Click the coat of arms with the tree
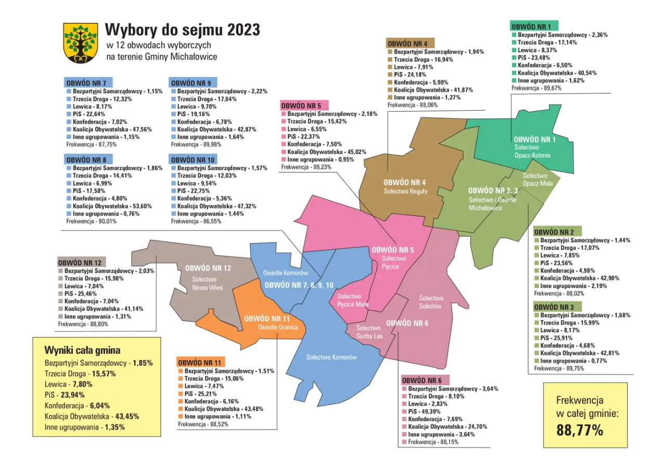[x=81, y=43]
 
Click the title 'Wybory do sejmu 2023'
[x=183, y=30]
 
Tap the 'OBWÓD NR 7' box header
[x=87, y=83]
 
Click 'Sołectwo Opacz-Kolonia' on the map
[x=532, y=151]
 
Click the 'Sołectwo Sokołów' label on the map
[x=431, y=302]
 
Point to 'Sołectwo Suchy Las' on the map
[x=369, y=332]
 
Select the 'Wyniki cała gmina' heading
[x=83, y=350]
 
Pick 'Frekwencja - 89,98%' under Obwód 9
[x=196, y=144]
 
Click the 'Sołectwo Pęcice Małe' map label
[x=353, y=300]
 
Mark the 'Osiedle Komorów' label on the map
[x=286, y=273]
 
